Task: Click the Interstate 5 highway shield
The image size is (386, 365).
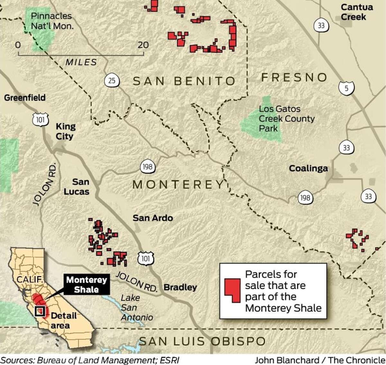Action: point(346,88)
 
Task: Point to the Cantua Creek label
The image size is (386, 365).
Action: point(356,12)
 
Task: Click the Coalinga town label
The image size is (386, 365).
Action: point(308,168)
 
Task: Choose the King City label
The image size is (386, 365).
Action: point(65,131)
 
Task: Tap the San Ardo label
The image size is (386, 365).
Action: point(153,218)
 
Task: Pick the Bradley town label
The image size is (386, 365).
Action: point(180,287)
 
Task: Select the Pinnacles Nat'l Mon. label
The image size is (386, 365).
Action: point(52,21)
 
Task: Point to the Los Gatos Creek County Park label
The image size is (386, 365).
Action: point(286,119)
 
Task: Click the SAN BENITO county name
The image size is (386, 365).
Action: point(184,81)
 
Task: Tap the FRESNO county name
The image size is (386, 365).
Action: point(294,77)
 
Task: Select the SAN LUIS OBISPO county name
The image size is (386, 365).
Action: point(202,341)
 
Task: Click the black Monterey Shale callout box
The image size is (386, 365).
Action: point(86,284)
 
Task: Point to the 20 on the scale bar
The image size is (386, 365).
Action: point(143,45)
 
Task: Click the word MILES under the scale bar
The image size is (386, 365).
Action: point(81,62)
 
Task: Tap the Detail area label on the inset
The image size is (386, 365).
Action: point(63,320)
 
